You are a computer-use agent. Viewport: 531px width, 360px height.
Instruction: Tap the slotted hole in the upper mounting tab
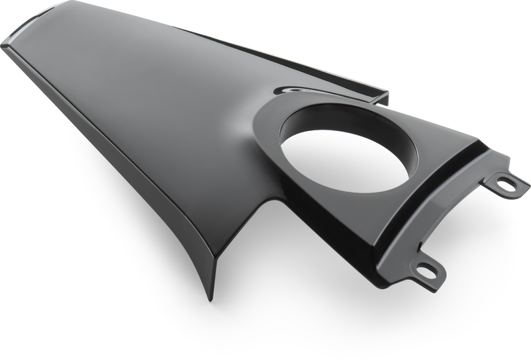[506, 185]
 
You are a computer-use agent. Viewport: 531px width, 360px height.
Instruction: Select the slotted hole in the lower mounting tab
[424, 269]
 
